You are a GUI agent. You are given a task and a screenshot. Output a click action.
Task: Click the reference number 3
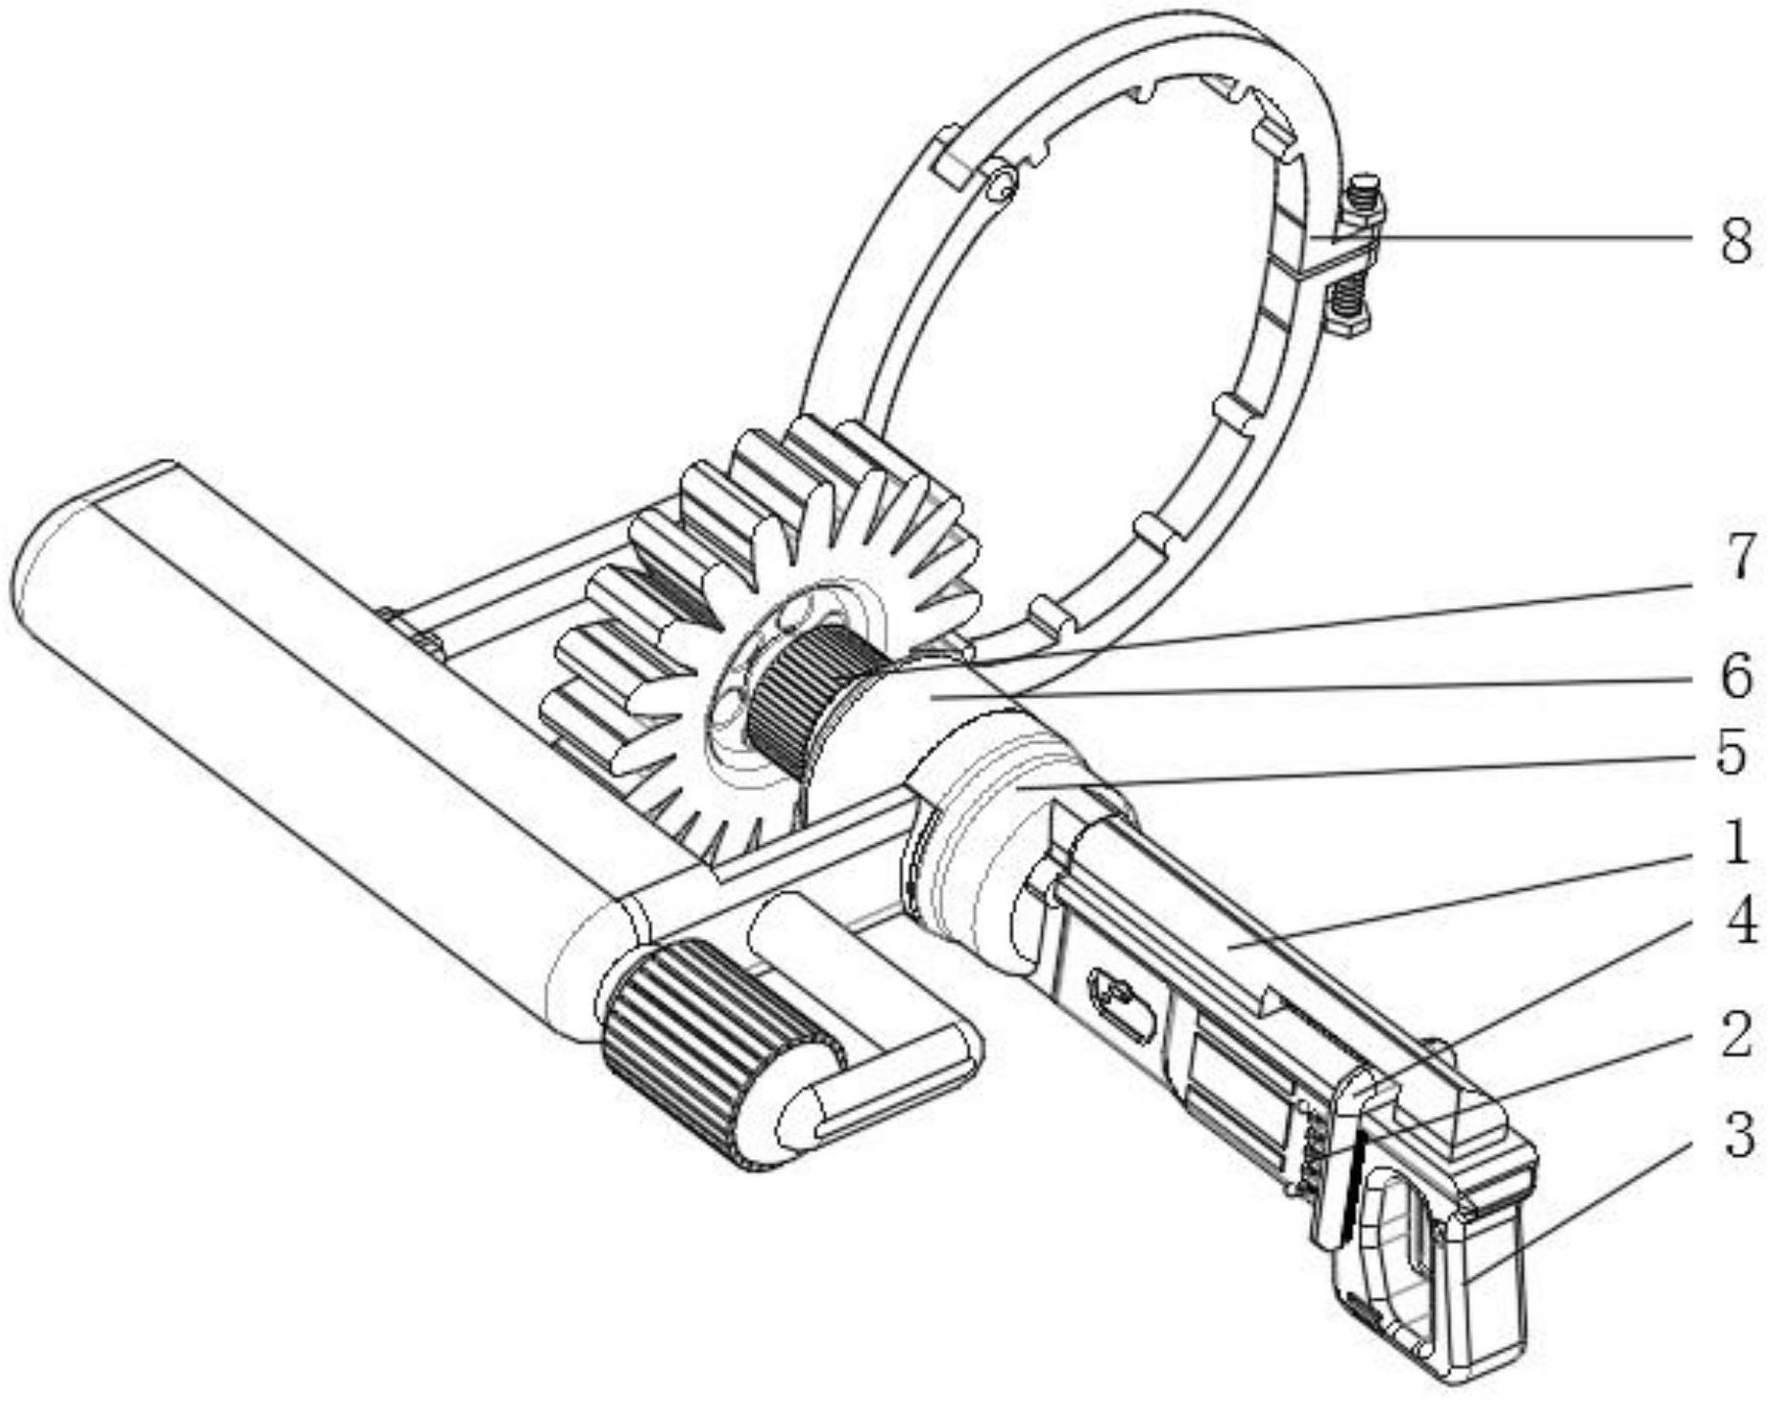coord(1738,1136)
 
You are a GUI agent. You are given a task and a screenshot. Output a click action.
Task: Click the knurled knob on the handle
coord(720,1052)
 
